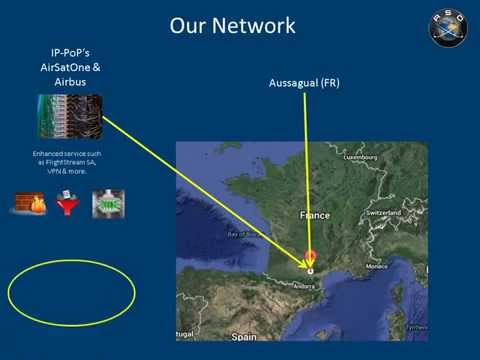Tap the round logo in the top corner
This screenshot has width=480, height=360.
448,27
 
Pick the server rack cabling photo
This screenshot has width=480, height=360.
68,116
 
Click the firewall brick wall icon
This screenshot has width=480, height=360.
30,204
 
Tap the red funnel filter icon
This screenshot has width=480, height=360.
69,205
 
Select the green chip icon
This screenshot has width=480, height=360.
108,204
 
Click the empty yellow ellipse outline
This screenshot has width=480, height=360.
71,289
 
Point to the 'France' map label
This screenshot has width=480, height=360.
315,215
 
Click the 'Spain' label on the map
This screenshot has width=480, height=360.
244,337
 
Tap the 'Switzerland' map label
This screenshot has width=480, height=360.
384,213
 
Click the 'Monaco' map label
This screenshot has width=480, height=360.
376,266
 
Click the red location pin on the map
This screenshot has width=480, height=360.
310,258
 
